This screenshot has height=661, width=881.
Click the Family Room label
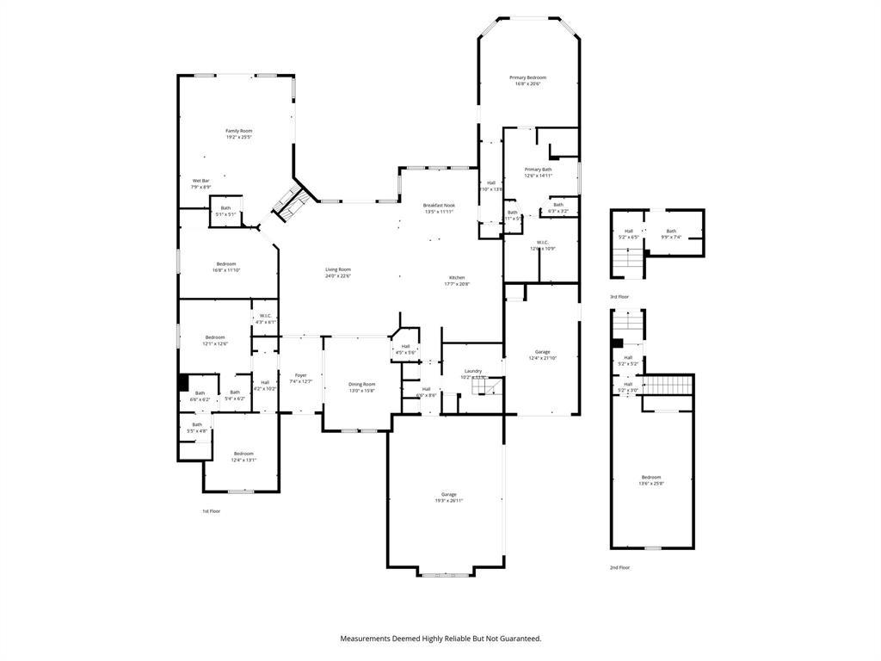click(239, 133)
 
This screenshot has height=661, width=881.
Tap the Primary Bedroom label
click(531, 80)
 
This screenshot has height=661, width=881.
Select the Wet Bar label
click(200, 183)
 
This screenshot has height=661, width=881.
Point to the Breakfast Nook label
click(439, 207)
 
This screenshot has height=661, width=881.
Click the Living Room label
click(337, 272)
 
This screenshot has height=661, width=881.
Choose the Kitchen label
click(456, 280)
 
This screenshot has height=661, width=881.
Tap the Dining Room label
click(361, 386)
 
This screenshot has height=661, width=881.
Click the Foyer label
click(300, 378)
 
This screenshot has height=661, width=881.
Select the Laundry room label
click(472, 374)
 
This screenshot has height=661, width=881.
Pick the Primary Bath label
click(538, 172)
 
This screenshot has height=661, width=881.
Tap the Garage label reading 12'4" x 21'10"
click(542, 354)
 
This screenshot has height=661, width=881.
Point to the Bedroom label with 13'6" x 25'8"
click(651, 479)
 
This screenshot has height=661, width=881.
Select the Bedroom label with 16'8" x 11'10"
click(226, 267)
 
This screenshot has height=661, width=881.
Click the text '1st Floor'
click(212, 511)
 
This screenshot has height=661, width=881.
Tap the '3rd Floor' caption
click(619, 296)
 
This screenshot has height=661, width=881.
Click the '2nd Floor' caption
click(619, 567)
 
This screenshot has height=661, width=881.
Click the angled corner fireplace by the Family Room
click(289, 203)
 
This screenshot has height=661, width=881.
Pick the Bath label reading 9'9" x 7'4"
click(671, 233)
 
